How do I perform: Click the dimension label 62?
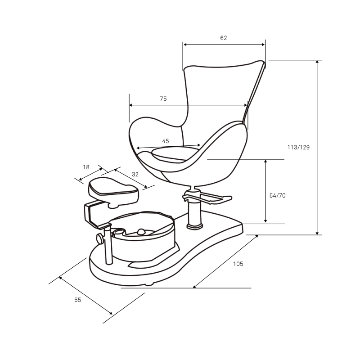pos(223,38)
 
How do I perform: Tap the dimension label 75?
pos(163,99)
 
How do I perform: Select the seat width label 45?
pos(165,141)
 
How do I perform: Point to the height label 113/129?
pos(298,147)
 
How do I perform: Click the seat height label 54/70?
pos(277,195)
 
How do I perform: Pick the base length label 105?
pos(238,264)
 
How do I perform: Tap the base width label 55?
pos(77,300)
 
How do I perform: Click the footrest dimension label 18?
pos(86,167)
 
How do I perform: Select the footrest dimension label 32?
pos(135,174)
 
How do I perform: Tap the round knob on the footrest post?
pos(100,239)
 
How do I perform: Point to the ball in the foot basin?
pos(141,232)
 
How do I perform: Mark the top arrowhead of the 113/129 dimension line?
pos(317,62)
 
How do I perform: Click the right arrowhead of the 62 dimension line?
pos(263,45)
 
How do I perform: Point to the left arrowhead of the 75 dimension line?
pos(131,105)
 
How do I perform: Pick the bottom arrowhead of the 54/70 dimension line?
pos(265,221)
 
